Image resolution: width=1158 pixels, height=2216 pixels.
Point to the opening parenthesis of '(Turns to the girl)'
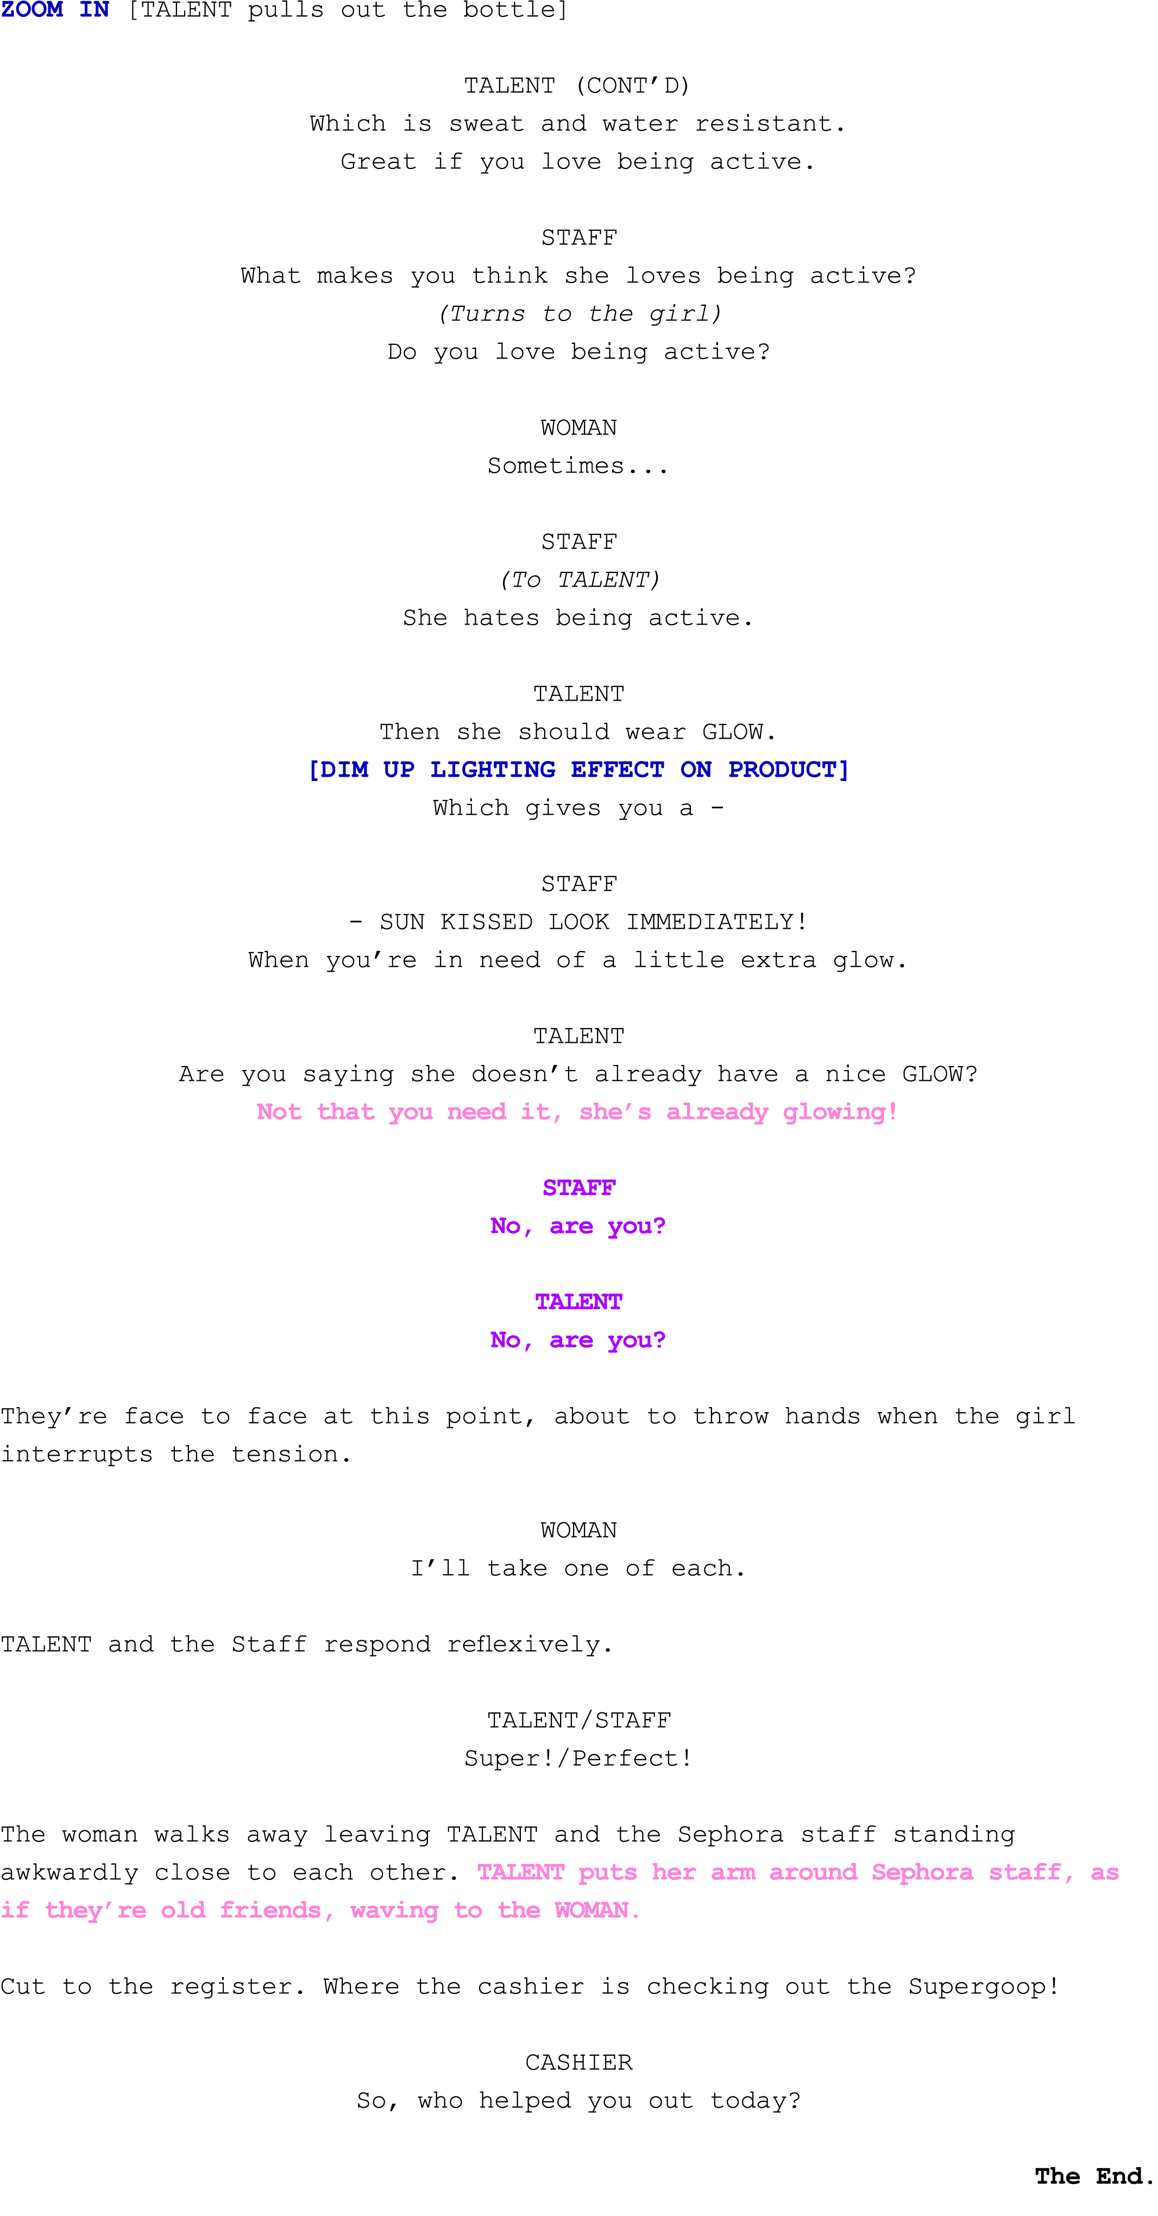[x=443, y=313]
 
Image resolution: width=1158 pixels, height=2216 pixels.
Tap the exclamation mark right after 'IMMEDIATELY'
[x=802, y=921]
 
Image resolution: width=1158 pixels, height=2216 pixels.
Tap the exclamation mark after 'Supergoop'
[x=1053, y=1986]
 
